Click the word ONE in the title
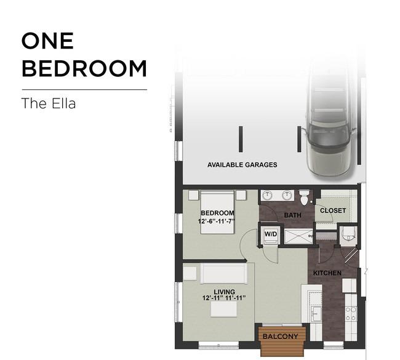48,41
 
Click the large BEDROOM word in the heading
84,68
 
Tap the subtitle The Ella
49,103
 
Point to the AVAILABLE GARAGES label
242,165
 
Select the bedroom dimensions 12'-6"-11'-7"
217,221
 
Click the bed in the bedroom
217,212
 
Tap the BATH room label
292,215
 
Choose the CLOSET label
333,210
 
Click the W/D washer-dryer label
271,234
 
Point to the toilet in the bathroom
304,197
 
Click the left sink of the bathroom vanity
267,195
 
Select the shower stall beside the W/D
298,236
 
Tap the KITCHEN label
327,273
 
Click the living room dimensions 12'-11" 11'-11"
224,298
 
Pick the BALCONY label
281,337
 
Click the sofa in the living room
224,273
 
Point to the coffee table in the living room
224,309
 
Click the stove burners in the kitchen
351,314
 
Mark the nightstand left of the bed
193,195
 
